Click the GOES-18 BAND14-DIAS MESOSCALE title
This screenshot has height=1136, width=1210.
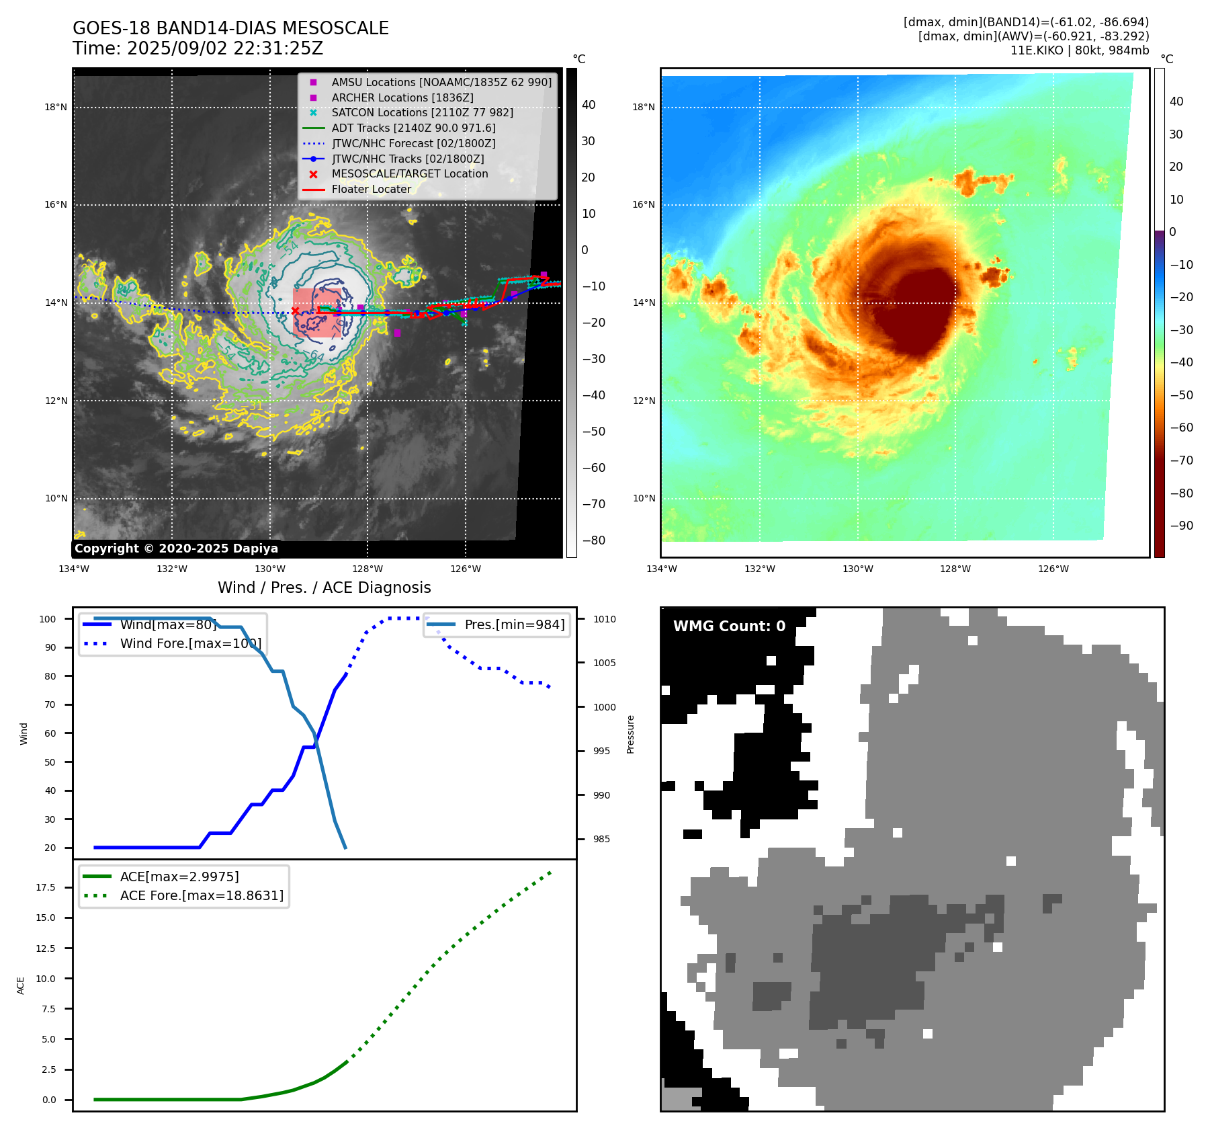(230, 28)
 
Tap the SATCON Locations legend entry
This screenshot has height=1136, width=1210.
(422, 112)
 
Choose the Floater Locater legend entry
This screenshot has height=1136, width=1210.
(371, 189)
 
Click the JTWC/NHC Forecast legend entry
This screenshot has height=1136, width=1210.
(413, 143)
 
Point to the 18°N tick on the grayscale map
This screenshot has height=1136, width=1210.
(56, 107)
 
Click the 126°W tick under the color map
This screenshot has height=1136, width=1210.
(1053, 569)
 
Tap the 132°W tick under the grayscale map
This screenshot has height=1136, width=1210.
(172, 569)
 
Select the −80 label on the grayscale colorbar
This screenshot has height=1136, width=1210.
(594, 540)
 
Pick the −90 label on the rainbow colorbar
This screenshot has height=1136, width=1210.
(1181, 526)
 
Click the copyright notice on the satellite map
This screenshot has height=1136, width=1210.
(176, 549)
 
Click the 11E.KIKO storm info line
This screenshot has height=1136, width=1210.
(1080, 50)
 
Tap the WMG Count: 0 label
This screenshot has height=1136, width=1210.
(729, 626)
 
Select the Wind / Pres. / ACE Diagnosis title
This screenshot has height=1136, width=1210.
(325, 587)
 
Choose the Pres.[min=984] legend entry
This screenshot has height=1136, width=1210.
(515, 624)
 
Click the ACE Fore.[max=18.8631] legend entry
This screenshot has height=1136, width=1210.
(202, 895)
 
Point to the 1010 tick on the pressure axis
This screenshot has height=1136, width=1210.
(604, 619)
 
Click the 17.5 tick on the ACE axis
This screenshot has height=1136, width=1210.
(46, 887)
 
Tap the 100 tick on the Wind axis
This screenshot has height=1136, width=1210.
(48, 619)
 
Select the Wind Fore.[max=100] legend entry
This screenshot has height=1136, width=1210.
(191, 643)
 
